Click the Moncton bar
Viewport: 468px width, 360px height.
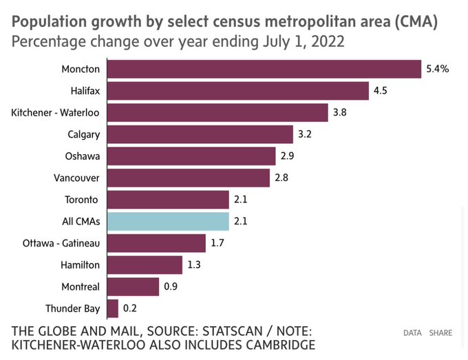[x=264, y=69]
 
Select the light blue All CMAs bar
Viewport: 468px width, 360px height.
[x=168, y=222]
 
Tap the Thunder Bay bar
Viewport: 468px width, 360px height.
[x=112, y=308]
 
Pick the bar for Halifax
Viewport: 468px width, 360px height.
[x=238, y=91]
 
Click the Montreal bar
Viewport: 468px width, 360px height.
[x=133, y=287]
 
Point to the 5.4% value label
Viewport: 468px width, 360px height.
[x=438, y=69]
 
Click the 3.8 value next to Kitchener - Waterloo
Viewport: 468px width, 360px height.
[x=340, y=112]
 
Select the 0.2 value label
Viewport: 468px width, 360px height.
[x=130, y=308]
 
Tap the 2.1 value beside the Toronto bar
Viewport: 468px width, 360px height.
[x=241, y=200]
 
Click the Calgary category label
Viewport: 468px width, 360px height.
[x=83, y=135]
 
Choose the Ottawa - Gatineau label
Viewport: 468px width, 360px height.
[x=61, y=243]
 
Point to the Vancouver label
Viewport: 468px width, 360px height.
[x=76, y=178]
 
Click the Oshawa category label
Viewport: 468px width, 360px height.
[x=83, y=156]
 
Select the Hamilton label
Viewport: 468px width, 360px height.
[x=80, y=265]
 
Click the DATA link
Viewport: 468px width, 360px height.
[x=412, y=333]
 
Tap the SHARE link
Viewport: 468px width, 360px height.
[x=440, y=333]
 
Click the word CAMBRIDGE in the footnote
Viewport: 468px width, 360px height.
[x=281, y=345]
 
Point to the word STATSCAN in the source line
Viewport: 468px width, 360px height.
[x=233, y=331]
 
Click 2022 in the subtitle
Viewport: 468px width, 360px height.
[x=328, y=41]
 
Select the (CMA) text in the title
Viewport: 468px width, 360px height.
[x=416, y=22]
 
